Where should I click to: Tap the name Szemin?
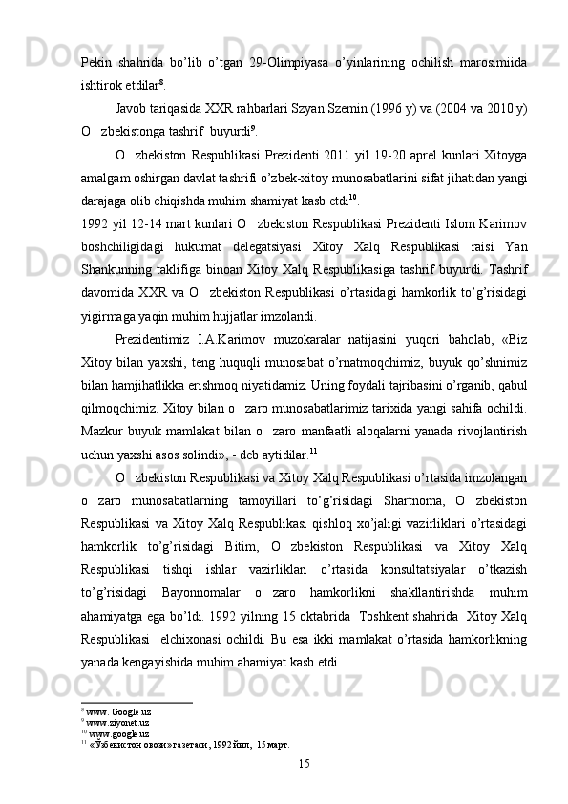click(x=338, y=109)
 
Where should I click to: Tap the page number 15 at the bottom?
click(x=304, y=764)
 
